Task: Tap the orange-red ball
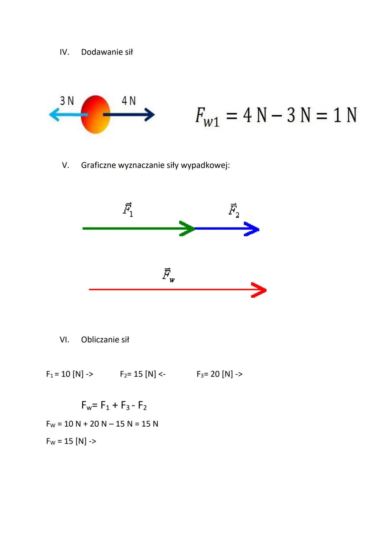[95, 115]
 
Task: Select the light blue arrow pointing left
[64, 115]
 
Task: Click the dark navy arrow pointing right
[133, 115]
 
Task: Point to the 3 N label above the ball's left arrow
[67, 101]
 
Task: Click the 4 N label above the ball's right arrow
[129, 101]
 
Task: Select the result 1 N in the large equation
[345, 115]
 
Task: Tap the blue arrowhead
[252, 229]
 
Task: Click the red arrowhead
[259, 290]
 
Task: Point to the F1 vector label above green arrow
[128, 210]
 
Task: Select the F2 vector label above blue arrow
[234, 210]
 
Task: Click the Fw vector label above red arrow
[168, 275]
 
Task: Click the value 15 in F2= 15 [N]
[138, 374]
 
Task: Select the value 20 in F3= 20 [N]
[215, 374]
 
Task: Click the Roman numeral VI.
[64, 340]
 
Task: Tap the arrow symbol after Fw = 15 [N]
[92, 441]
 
